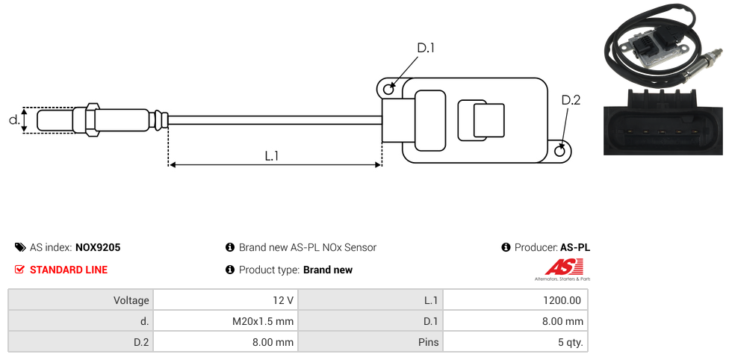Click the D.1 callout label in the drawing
pos(425,48)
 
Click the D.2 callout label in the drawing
pos(571,100)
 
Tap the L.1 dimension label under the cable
pos(272,156)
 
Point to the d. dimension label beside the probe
pos(13,120)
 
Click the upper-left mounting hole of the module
pos(388,89)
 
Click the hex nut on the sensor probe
pos(93,120)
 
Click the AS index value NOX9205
pos(98,247)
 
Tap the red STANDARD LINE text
pos(69,270)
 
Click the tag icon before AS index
pos(20,247)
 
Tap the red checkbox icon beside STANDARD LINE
pos(20,270)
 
